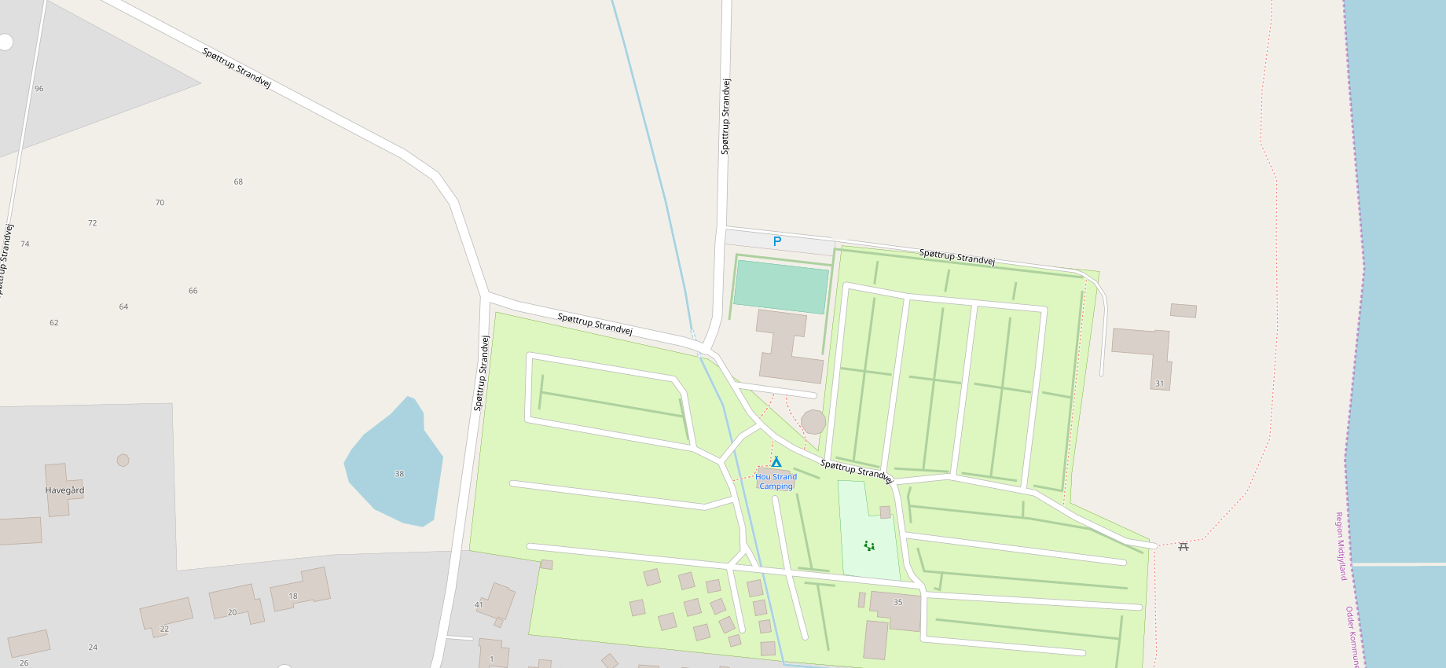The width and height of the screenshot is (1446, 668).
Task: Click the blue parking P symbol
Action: tap(777, 241)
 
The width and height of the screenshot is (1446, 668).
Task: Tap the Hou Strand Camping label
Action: tap(776, 481)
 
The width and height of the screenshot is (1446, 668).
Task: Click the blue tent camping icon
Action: tap(776, 462)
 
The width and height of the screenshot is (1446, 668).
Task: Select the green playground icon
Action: tap(869, 545)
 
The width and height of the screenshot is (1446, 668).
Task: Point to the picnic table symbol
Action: tap(1184, 546)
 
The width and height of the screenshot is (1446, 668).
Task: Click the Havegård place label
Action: tap(64, 490)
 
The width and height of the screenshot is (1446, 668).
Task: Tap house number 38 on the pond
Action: tap(399, 474)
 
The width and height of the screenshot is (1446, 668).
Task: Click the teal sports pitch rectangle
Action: tap(780, 287)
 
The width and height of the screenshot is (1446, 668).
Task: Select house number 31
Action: tap(1159, 384)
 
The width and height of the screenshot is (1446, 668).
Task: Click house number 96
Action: tap(39, 89)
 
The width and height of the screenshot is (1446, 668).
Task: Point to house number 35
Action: tap(897, 603)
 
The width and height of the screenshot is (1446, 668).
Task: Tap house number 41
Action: tap(479, 605)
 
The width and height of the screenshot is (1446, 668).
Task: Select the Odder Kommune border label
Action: tap(1351, 637)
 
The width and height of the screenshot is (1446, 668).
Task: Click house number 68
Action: tap(238, 182)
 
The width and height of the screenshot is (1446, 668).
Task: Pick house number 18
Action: tap(293, 596)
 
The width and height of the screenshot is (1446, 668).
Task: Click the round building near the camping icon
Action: tap(813, 422)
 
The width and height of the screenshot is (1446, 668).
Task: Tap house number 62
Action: tap(54, 322)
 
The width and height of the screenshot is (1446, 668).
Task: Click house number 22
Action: tap(164, 629)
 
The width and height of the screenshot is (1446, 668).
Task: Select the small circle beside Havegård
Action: tap(123, 460)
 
